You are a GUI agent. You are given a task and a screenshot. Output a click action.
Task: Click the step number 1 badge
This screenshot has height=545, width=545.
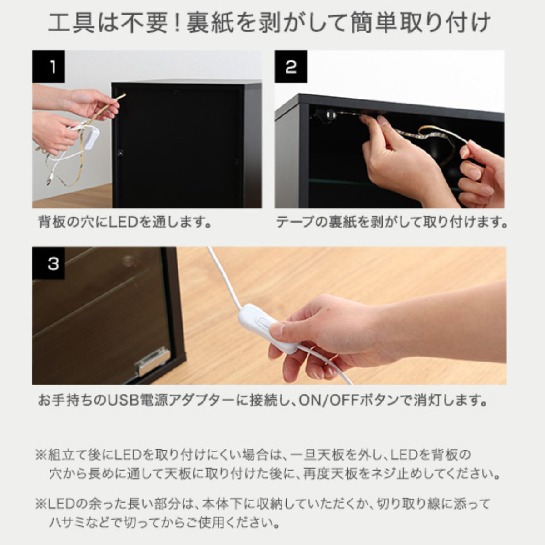[x=48, y=66]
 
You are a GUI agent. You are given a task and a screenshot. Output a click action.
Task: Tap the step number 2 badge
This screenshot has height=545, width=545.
[x=291, y=66]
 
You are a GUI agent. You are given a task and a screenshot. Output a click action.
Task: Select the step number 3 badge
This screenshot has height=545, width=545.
[x=48, y=263]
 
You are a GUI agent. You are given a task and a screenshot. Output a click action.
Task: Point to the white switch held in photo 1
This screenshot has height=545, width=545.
[x=91, y=138]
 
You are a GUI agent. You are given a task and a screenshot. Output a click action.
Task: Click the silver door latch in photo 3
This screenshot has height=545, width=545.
[x=153, y=362]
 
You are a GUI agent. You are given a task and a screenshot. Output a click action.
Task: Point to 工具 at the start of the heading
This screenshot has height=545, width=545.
[x=71, y=23]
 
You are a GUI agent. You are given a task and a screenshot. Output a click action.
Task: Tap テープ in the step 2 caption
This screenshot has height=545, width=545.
[x=295, y=223]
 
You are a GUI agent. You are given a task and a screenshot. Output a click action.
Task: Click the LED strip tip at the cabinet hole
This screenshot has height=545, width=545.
[x=124, y=95]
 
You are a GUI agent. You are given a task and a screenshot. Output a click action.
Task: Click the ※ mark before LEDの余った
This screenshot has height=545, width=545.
[x=41, y=503]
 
